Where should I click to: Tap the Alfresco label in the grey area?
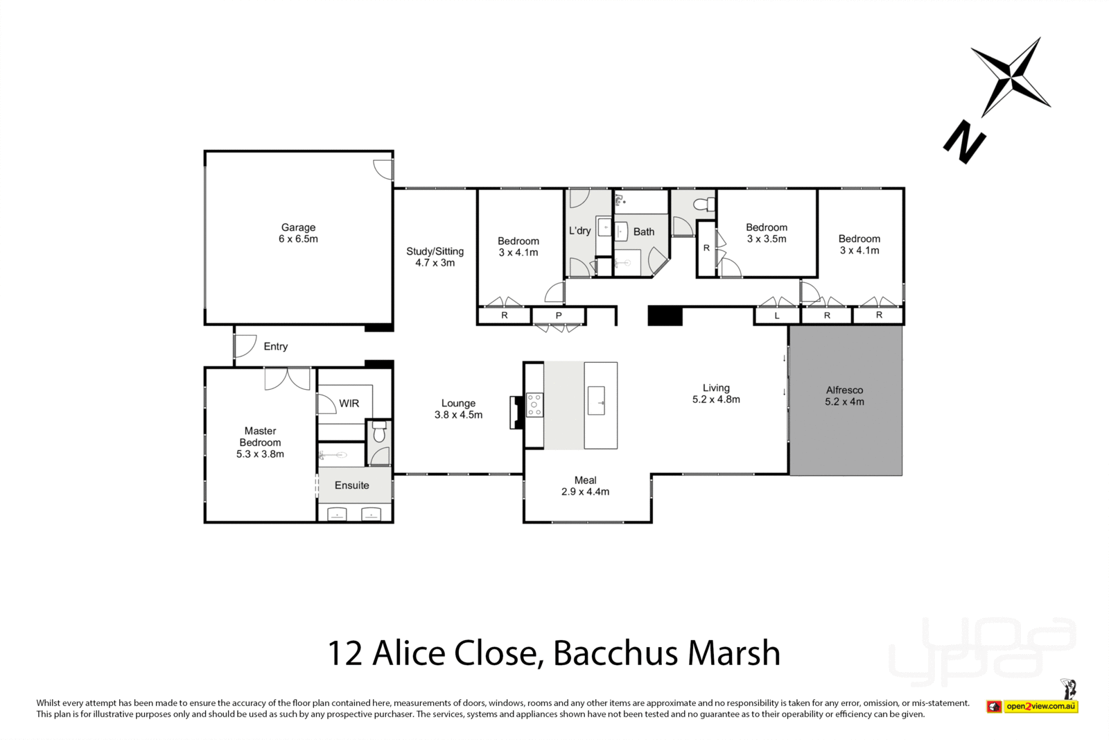pyautogui.click(x=844, y=390)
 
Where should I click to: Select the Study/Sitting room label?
pyautogui.click(x=435, y=252)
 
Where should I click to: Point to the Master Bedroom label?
pyautogui.click(x=260, y=437)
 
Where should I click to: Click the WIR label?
pyautogui.click(x=349, y=404)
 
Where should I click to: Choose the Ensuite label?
pyautogui.click(x=351, y=485)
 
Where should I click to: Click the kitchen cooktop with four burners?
pyautogui.click(x=534, y=405)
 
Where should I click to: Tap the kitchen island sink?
pyautogui.click(x=596, y=402)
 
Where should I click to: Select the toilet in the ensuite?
pyautogui.click(x=378, y=433)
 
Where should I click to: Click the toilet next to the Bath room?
pyautogui.click(x=704, y=205)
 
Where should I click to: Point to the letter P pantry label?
pyautogui.click(x=559, y=316)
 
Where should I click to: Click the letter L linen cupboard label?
pyautogui.click(x=777, y=316)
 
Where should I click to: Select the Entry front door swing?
pyautogui.click(x=245, y=345)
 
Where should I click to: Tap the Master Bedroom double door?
pyautogui.click(x=287, y=378)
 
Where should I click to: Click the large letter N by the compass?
pyautogui.click(x=964, y=142)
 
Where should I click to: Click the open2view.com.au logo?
pyautogui.click(x=1040, y=707)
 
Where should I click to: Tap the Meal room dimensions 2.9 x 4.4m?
pyautogui.click(x=585, y=492)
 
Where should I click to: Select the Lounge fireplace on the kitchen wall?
pyautogui.click(x=516, y=413)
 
